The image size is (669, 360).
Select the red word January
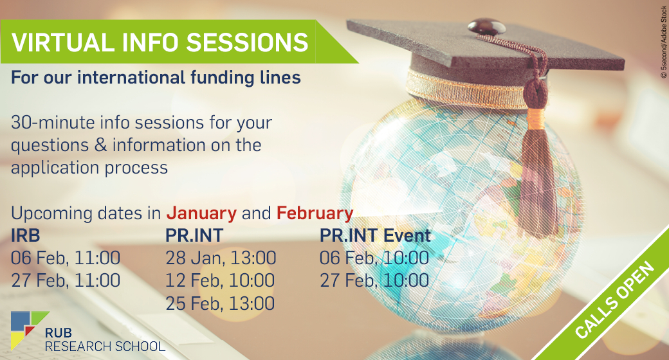[201, 213]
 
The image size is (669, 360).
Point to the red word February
[315, 213]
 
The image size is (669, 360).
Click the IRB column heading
[26, 235]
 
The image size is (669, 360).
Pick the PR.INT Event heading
[376, 235]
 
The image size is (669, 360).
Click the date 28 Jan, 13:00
[221, 258]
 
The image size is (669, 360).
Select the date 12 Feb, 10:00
[220, 281]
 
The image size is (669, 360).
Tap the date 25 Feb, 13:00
[220, 303]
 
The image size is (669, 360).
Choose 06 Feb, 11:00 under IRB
[66, 258]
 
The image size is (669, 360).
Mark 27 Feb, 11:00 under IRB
[66, 281]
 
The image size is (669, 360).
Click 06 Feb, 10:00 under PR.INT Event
[374, 258]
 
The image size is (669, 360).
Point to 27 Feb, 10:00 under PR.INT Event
[374, 281]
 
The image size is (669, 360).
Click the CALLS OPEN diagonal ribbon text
[614, 300]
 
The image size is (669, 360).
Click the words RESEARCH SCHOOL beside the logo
[105, 346]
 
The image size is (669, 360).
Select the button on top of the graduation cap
[486, 26]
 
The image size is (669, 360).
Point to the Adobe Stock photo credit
[663, 42]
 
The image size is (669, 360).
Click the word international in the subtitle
[131, 78]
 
